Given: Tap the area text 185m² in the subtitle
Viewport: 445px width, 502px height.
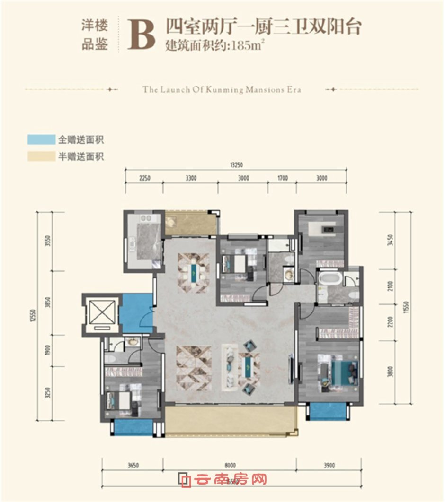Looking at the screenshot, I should pyautogui.click(x=246, y=47).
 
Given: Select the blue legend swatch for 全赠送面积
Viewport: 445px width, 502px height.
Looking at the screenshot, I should pyautogui.click(x=41, y=139).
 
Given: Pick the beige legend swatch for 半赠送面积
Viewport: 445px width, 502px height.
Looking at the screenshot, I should pyautogui.click(x=41, y=156).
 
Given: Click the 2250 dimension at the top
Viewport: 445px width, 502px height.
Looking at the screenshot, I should pyautogui.click(x=144, y=178).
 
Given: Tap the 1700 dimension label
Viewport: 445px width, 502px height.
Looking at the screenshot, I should pyautogui.click(x=282, y=178).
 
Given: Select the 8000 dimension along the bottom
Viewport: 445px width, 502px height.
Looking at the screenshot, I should pyautogui.click(x=230, y=465).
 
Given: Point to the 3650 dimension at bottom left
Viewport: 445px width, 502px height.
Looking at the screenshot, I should pyautogui.click(x=133, y=465).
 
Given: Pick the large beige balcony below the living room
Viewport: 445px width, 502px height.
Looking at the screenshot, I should pyautogui.click(x=230, y=422).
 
